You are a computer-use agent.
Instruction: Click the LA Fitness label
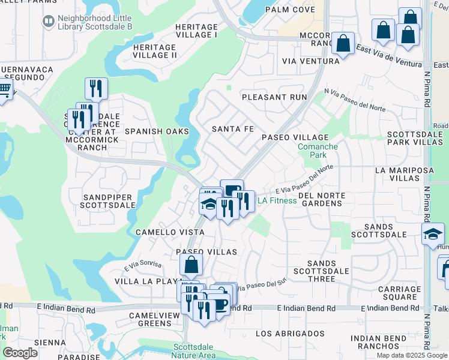click(277, 200)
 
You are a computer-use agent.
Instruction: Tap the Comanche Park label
click(318, 151)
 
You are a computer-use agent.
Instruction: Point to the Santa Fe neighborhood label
click(233, 129)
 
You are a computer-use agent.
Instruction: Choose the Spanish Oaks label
click(157, 131)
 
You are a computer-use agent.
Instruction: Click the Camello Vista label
click(169, 232)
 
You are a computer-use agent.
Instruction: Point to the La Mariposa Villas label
click(404, 175)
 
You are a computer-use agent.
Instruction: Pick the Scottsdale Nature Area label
click(194, 351)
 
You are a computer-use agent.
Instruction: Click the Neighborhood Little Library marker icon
click(47, 22)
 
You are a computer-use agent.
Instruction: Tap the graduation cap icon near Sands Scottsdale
click(433, 234)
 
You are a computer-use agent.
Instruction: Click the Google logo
click(20, 353)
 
